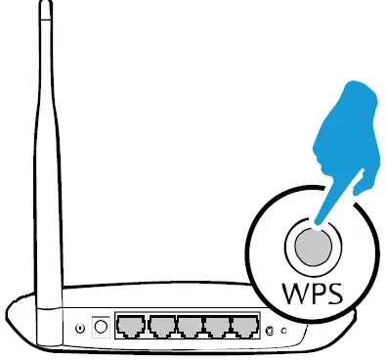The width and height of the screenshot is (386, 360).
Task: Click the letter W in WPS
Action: [294, 293]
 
